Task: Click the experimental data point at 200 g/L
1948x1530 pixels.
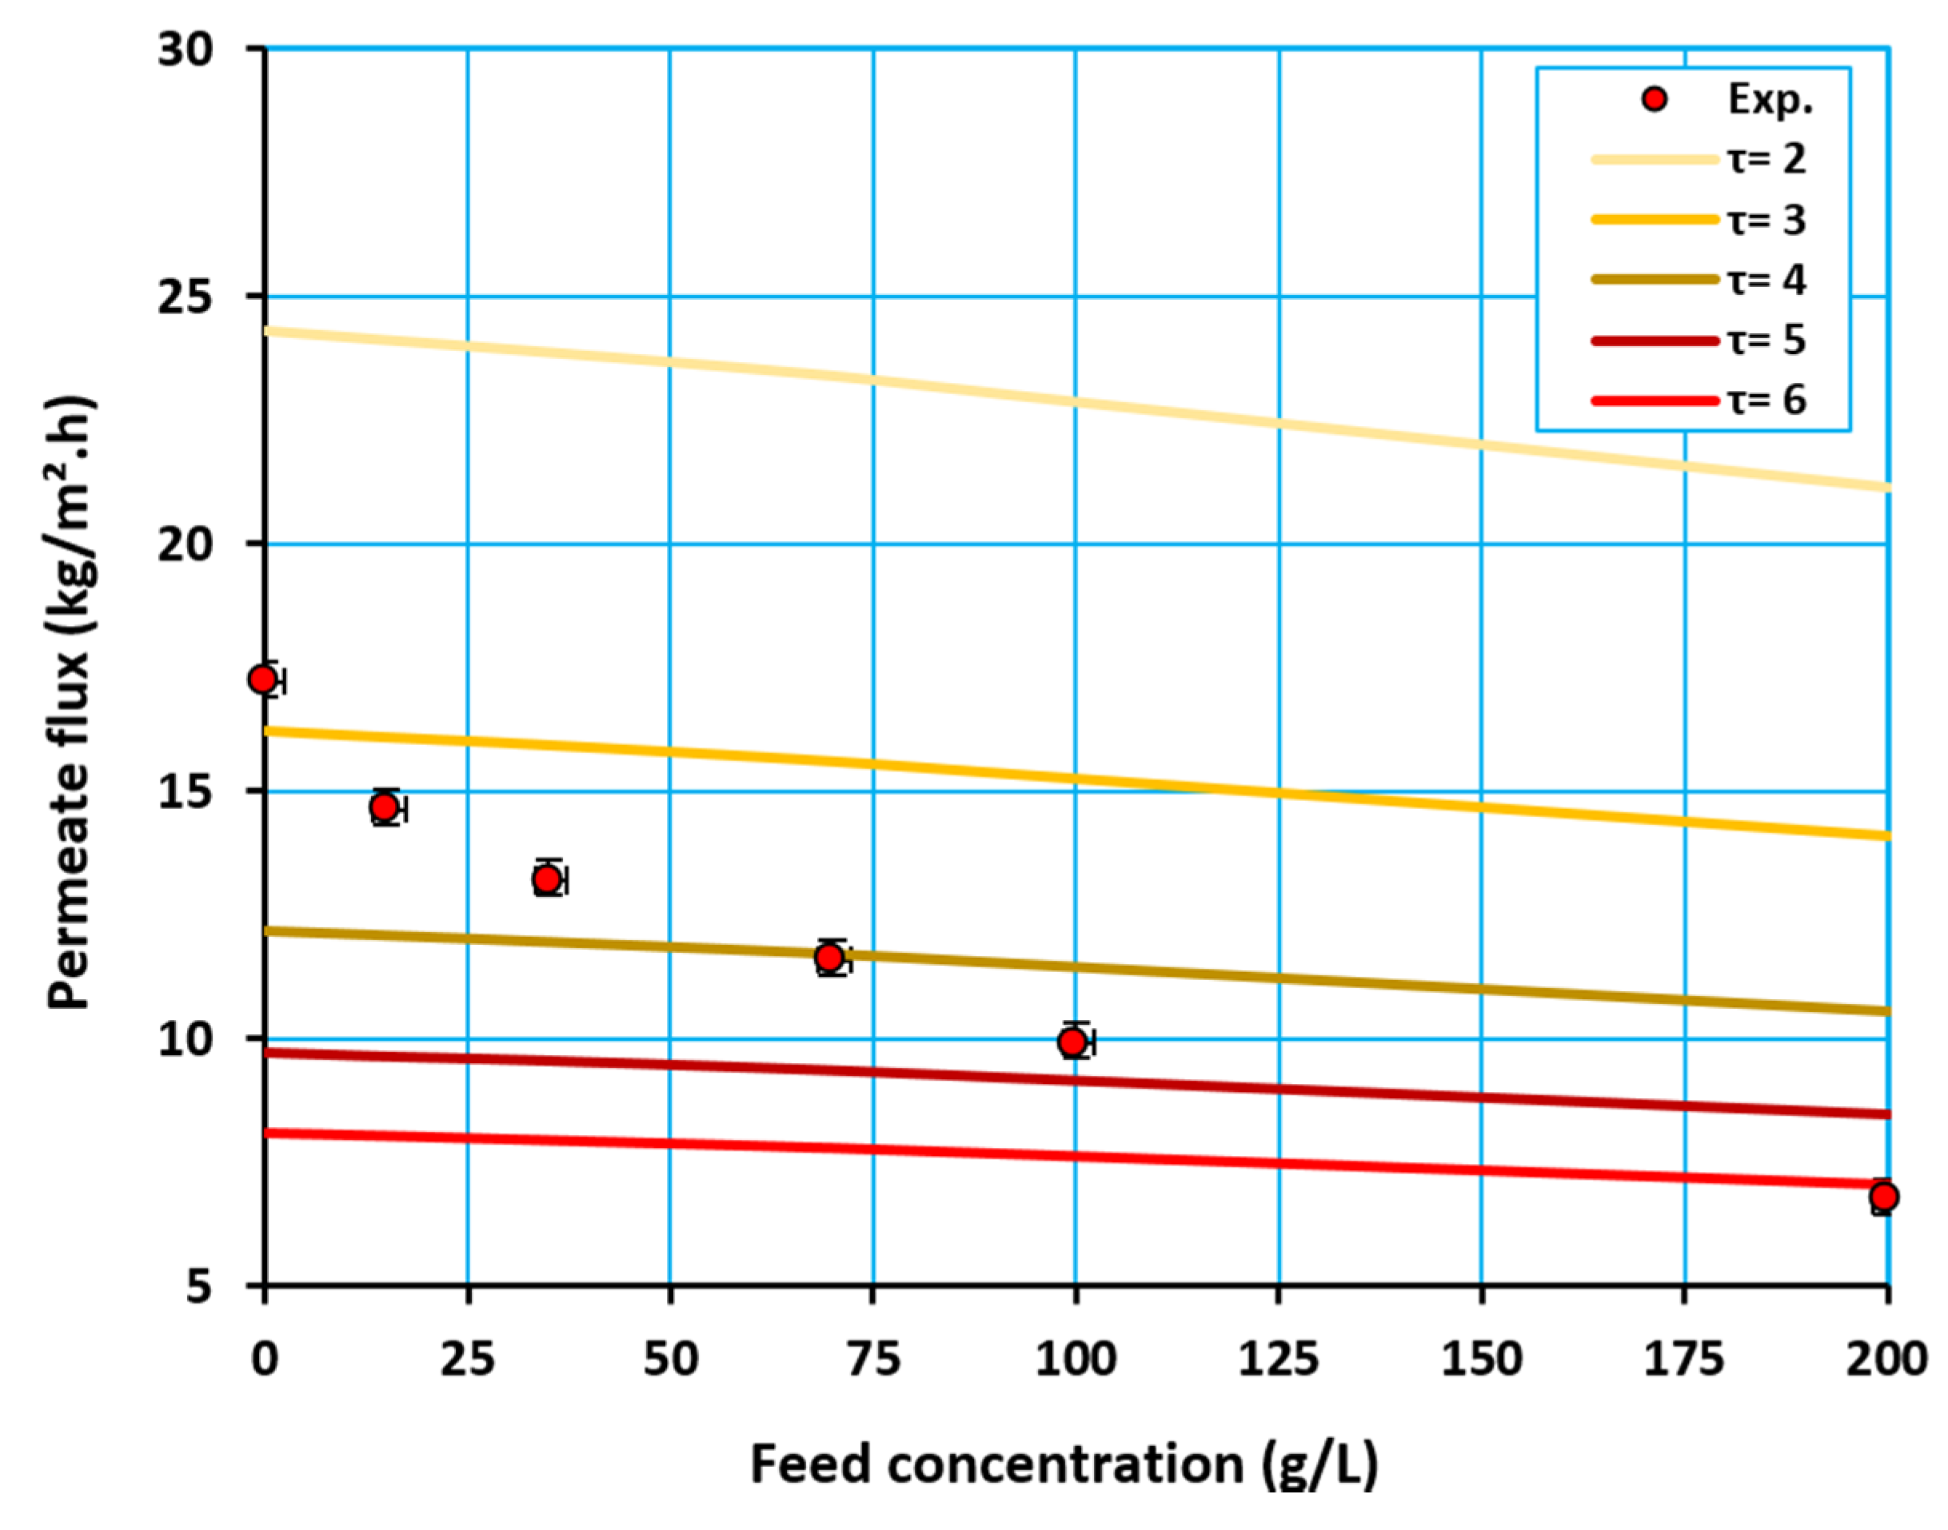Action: click(1882, 1196)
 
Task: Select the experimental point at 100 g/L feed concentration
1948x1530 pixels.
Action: click(1072, 1042)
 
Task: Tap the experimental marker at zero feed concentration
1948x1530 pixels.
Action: click(262, 679)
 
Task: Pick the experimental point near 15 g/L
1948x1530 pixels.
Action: click(385, 807)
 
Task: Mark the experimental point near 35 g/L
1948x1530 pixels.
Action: click(547, 879)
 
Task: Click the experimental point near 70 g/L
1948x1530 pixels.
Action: click(830, 958)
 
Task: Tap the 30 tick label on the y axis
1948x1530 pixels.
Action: click(186, 50)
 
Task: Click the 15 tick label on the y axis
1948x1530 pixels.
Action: click(186, 791)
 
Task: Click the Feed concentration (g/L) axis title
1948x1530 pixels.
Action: click(1064, 1464)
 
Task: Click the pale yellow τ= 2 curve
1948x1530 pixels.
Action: click(1076, 402)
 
